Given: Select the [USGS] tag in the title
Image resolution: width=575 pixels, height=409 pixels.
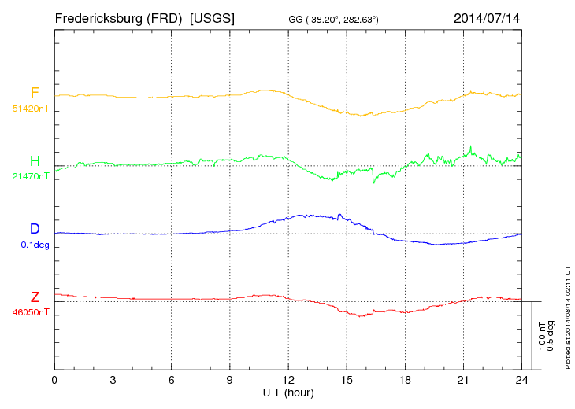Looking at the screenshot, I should coord(213,17).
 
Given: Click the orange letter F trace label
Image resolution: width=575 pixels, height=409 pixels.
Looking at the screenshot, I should coord(35,93).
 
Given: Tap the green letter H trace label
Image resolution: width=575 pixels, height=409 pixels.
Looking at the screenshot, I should coord(35,161).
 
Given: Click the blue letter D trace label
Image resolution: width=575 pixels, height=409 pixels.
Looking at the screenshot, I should coord(35,229).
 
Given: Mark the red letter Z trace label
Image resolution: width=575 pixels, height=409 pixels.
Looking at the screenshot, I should coord(35,297).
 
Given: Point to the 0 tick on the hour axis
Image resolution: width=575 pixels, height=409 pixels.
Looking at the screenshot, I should coord(54,380).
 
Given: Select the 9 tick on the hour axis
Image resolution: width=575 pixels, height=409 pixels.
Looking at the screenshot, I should coord(230,380).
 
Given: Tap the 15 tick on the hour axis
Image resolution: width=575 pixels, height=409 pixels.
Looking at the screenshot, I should coord(347,380).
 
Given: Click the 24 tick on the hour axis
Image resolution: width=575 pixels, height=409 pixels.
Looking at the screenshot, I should coord(521,380).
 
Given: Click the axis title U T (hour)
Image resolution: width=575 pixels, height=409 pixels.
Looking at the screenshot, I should coord(287,392).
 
